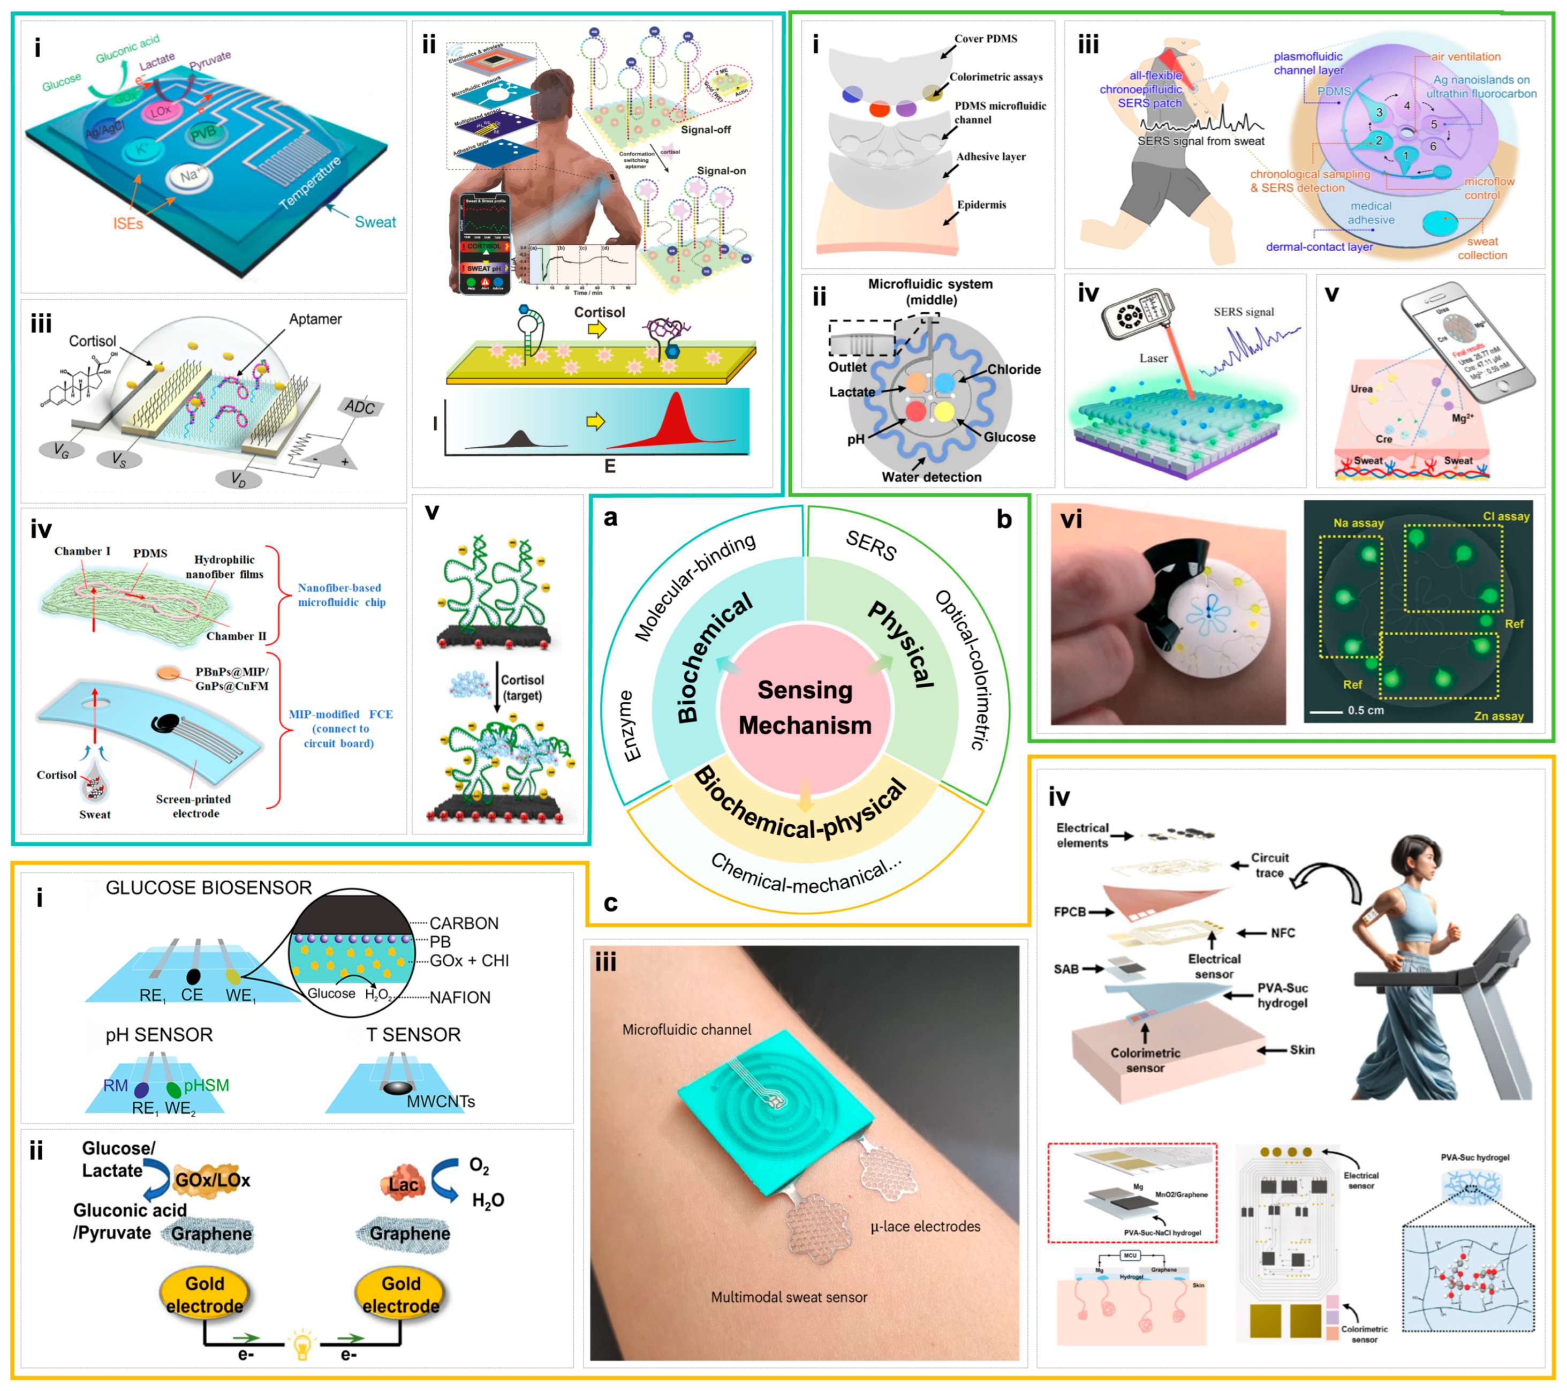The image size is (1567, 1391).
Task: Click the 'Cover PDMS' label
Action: click(x=985, y=39)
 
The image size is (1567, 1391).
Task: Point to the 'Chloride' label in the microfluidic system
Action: click(x=1013, y=370)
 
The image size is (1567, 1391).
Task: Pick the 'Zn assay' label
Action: click(x=1498, y=716)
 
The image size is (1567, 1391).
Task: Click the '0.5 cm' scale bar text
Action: click(x=1365, y=710)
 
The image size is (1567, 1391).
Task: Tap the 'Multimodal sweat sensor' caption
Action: click(x=789, y=1297)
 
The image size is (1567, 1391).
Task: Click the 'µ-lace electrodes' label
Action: click(x=925, y=1226)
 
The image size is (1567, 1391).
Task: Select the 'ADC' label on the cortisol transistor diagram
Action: click(x=360, y=407)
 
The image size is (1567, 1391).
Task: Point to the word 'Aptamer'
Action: click(x=315, y=319)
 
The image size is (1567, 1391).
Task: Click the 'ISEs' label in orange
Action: click(x=128, y=223)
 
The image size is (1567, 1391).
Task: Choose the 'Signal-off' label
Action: click(x=705, y=130)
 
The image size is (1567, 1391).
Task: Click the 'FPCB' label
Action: click(x=1070, y=912)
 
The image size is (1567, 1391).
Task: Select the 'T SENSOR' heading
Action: click(x=413, y=1034)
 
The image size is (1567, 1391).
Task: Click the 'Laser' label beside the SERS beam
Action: click(x=1153, y=358)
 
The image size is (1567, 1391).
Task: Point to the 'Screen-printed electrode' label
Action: click(x=193, y=806)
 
